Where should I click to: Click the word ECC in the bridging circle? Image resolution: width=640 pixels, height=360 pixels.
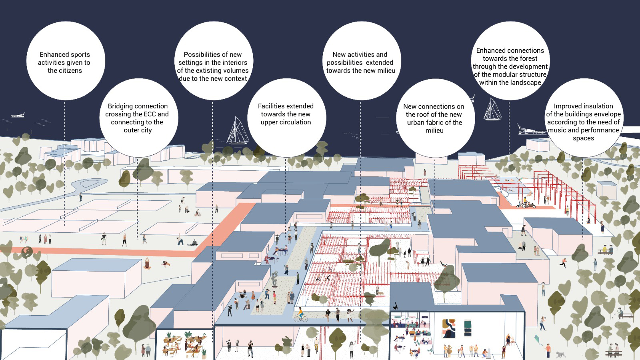[x=147, y=114]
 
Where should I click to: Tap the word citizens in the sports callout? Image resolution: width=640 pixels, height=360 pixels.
[x=70, y=70]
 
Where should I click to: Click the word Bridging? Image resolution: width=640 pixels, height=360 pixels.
[x=121, y=106]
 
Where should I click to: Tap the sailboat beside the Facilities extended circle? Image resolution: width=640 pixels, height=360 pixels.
[x=238, y=131]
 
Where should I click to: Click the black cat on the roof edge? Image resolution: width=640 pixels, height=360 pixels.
[x=395, y=306]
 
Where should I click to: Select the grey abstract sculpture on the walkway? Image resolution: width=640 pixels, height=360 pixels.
[x=275, y=279]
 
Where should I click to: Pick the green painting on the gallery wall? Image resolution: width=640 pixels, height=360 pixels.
[x=468, y=328]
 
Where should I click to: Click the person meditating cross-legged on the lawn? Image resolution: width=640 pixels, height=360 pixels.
[x=148, y=264]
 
